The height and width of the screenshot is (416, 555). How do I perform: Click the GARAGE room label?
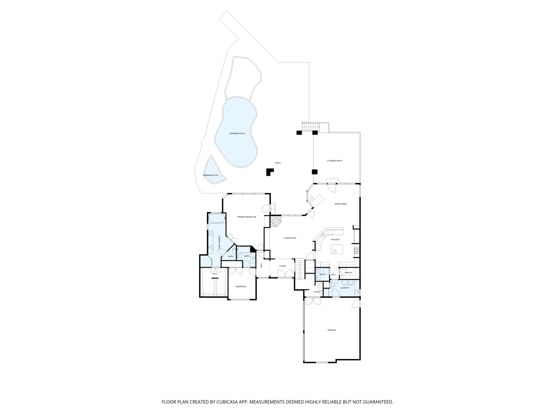pyautogui.click(x=332, y=330)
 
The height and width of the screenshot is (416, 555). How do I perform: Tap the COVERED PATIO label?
pyautogui.click(x=334, y=161)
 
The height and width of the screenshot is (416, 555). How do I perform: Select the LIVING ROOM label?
pyautogui.click(x=290, y=238)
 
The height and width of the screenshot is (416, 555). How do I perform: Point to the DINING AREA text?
pyautogui.click(x=340, y=204)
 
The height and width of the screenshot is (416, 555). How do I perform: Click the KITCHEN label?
pyautogui.click(x=335, y=240)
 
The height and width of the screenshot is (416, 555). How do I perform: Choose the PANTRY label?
pyautogui.click(x=349, y=273)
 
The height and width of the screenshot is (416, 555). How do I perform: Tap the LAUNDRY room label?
pyautogui.click(x=345, y=288)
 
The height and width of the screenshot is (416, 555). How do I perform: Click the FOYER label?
pyautogui.click(x=283, y=266)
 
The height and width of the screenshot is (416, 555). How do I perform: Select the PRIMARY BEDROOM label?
pyautogui.click(x=247, y=217)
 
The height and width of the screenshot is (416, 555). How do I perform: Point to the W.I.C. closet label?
pyautogui.click(x=215, y=274)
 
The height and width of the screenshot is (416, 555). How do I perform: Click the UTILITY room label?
pyautogui.click(x=317, y=292)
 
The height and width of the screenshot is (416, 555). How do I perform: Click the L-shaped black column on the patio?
pyautogui.click(x=270, y=172)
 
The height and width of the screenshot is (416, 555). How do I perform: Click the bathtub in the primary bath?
pyautogui.click(x=217, y=218)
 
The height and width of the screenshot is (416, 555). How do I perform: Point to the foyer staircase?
pyautogui.click(x=300, y=269)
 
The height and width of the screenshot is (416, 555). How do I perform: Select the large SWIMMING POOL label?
pyautogui.click(x=237, y=133)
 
